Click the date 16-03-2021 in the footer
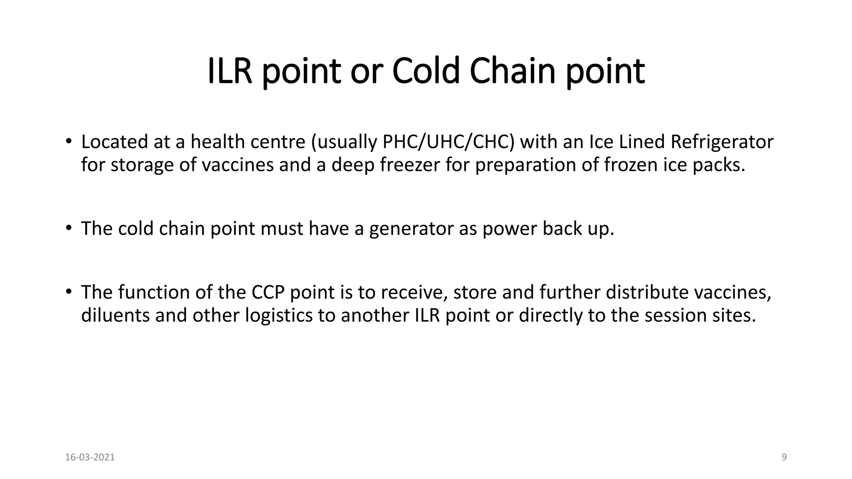click(x=90, y=457)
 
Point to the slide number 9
click(x=784, y=457)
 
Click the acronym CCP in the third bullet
click(x=268, y=292)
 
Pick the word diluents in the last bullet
click(x=115, y=316)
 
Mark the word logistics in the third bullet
click(x=279, y=316)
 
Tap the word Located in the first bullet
click(x=114, y=142)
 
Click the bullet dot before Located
click(x=68, y=141)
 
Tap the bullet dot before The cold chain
click(x=68, y=227)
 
